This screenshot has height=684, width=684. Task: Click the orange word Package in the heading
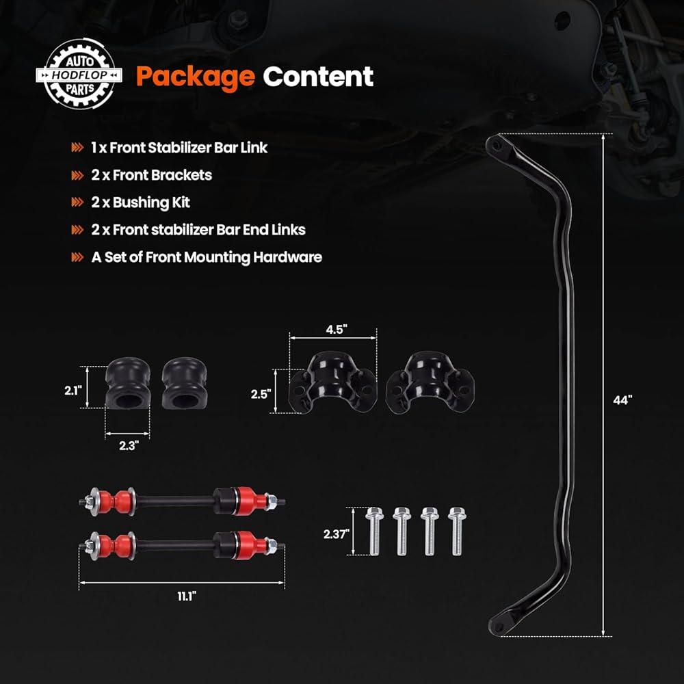[x=195, y=77]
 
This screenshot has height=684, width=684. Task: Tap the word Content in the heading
[x=319, y=77]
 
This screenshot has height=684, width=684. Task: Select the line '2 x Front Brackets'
[x=151, y=175]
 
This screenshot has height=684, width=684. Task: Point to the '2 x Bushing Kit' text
[x=140, y=202]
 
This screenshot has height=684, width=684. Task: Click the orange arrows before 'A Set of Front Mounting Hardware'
[x=78, y=258]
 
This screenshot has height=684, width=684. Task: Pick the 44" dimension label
[x=622, y=401]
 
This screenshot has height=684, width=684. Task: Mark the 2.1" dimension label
[x=73, y=390]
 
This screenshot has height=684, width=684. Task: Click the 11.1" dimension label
[x=183, y=596]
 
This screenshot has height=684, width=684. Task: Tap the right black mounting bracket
[x=429, y=384]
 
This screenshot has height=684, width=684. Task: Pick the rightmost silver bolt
[x=456, y=531]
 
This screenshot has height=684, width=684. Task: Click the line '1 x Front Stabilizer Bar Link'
[x=179, y=147]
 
